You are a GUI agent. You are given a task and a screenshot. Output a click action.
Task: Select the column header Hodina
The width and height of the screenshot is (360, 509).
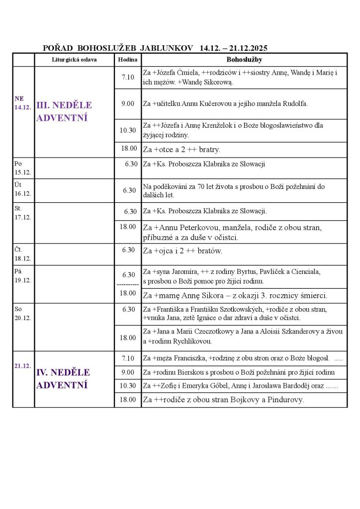tap(127, 60)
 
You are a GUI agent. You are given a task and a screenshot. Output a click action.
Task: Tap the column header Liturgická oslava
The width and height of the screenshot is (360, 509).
tap(74, 60)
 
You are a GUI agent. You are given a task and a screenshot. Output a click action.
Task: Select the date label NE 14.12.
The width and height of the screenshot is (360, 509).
tap(23, 103)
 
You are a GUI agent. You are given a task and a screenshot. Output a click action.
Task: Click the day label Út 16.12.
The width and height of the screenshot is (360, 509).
tap(22, 190)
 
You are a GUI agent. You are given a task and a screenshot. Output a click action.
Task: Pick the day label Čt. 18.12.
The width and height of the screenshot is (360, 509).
tap(22, 254)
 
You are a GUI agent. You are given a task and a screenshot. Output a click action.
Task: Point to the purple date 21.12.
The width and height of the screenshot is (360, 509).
tap(23, 365)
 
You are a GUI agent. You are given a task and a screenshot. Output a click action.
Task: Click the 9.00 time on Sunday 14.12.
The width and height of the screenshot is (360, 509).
tap(128, 103)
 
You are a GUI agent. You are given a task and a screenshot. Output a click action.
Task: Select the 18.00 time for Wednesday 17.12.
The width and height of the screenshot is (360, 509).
tap(128, 227)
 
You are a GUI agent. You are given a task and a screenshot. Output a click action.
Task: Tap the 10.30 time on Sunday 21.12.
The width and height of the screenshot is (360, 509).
tap(128, 385)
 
